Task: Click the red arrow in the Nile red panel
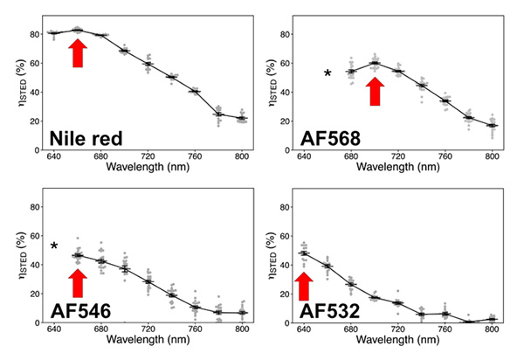78,52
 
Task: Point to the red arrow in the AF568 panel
375,91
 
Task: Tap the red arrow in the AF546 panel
78,283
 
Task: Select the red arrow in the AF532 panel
304,286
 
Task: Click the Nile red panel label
86,138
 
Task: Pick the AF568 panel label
330,138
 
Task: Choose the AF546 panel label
80,311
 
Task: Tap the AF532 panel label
329,311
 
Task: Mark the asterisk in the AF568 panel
327,73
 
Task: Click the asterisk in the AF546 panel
54,246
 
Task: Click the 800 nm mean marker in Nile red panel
242,118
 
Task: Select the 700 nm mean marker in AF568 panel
375,63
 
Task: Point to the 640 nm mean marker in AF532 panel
304,253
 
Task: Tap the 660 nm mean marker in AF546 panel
78,255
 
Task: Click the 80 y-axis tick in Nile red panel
34,34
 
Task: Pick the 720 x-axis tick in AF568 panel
398,156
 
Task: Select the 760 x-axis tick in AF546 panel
195,329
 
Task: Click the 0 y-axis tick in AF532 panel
287,323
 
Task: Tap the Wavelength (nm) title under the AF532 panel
398,340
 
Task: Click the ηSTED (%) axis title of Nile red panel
23,83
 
